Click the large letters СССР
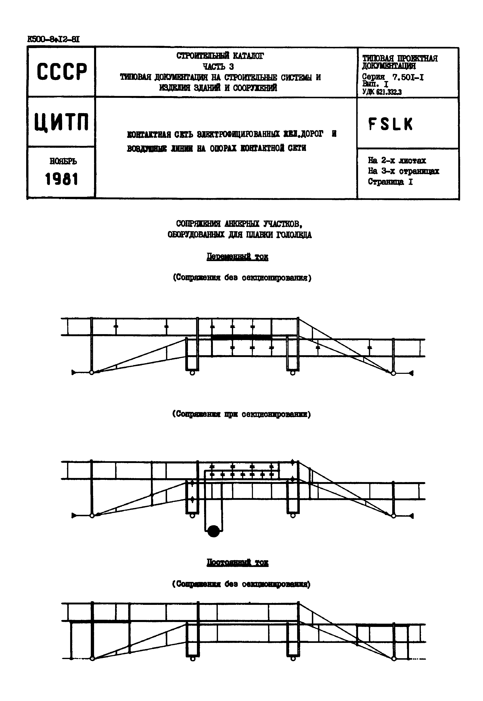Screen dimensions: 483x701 click(x=62, y=72)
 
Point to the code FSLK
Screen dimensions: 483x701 click(x=390, y=124)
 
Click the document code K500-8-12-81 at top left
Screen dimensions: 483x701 click(x=53, y=39)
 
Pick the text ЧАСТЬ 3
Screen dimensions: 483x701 click(x=218, y=66)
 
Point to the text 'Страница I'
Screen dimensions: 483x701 click(x=390, y=182)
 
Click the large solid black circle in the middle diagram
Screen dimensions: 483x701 click(x=214, y=531)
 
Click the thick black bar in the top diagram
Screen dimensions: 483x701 click(x=241, y=337)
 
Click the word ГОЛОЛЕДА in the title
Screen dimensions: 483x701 click(x=294, y=235)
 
